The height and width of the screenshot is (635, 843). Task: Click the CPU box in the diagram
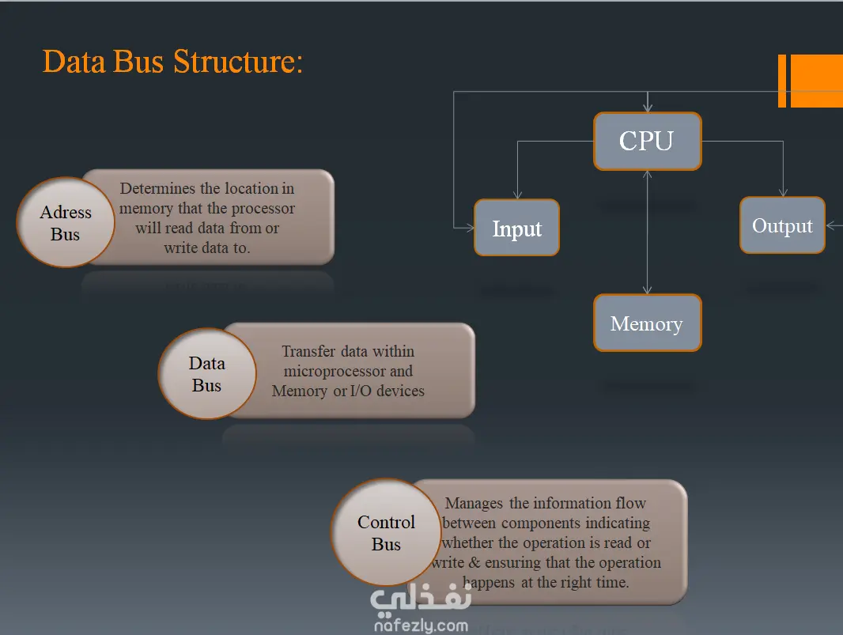coord(647,142)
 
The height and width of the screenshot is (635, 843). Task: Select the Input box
coord(516,228)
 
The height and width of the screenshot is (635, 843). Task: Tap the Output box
coord(782,225)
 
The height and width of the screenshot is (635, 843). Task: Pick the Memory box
coord(647,323)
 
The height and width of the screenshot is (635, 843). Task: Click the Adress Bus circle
coord(66,223)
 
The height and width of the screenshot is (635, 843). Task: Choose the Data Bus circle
coord(207,374)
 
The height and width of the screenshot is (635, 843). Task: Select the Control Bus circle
coord(386,533)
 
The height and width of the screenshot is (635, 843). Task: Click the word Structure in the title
coord(237,61)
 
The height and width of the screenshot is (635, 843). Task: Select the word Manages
coord(474,503)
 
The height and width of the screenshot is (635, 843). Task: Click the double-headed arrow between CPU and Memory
coord(648,237)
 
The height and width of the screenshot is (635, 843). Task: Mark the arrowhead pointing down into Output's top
coord(783,192)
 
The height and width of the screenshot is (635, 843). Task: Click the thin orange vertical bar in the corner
coord(782,81)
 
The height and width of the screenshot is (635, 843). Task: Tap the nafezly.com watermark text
coord(419,626)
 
